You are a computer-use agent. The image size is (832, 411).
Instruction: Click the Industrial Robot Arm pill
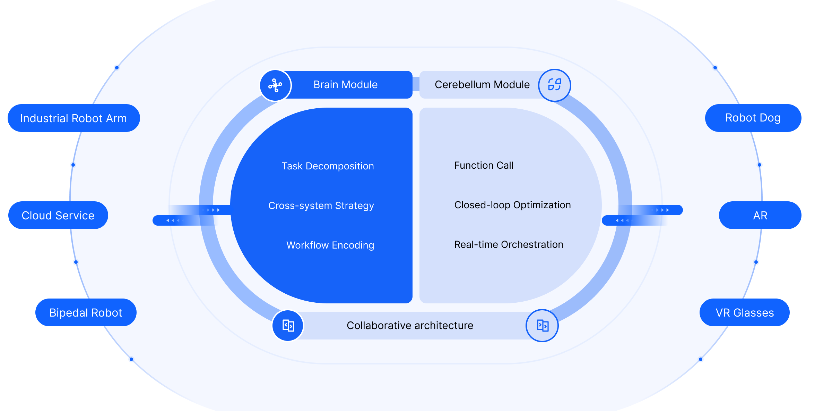[x=73, y=118]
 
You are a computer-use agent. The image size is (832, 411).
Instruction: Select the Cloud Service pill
[x=58, y=215]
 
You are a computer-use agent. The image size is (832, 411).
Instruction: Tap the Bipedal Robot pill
[x=86, y=312]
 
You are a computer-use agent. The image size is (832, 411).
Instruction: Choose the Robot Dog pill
[x=753, y=118]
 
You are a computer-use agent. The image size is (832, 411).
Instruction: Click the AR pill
[x=760, y=215]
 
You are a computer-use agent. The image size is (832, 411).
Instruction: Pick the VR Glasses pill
[x=745, y=312]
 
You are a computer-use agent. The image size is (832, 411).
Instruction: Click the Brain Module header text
[x=345, y=85]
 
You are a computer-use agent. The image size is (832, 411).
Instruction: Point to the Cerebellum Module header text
[x=482, y=85]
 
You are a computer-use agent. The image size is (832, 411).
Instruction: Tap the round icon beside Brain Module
[x=275, y=85]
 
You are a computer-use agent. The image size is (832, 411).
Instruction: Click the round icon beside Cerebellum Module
[x=554, y=85]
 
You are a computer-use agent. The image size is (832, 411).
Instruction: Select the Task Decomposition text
[x=328, y=166]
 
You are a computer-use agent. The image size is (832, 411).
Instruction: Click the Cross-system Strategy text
[x=321, y=205]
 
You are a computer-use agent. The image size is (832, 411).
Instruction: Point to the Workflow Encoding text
[x=330, y=245]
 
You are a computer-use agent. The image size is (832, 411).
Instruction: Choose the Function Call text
[x=484, y=165]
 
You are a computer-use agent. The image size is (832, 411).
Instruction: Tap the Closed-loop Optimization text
[x=512, y=205]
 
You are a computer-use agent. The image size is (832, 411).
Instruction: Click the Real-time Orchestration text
[x=509, y=244]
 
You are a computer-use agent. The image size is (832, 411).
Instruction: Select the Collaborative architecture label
[x=410, y=325]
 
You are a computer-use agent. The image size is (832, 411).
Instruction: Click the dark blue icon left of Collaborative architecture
[x=288, y=326]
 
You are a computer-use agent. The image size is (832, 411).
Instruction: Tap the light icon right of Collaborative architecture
[x=542, y=326]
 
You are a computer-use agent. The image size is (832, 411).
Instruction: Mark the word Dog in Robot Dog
[x=770, y=118]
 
